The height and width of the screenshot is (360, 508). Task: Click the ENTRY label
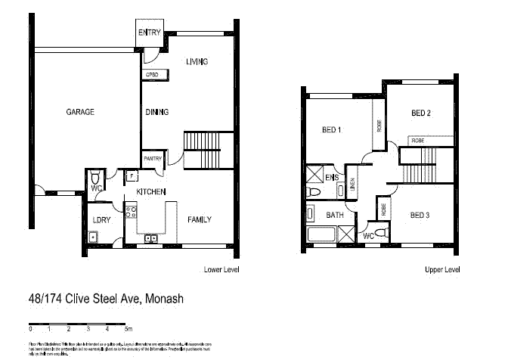(x=148, y=32)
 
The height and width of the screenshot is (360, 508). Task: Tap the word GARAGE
(x=80, y=112)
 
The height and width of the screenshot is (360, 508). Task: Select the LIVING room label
(x=197, y=62)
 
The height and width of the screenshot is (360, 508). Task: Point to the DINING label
(x=156, y=112)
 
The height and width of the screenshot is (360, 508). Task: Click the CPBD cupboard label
(x=151, y=75)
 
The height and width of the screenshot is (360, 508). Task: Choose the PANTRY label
(x=153, y=159)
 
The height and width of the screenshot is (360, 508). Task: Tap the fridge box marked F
(x=132, y=177)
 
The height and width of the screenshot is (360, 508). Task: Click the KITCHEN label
(x=150, y=193)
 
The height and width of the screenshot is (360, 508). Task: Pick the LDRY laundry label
(x=102, y=219)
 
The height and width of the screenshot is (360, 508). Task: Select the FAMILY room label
(x=200, y=219)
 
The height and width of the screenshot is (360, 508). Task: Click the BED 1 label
(x=332, y=130)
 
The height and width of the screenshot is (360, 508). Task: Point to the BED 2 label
(x=421, y=113)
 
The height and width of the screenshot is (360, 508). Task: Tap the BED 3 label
(x=420, y=215)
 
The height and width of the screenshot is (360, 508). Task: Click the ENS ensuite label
(x=331, y=178)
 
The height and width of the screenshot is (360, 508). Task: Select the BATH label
(x=335, y=215)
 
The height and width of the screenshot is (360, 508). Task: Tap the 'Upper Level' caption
(x=442, y=269)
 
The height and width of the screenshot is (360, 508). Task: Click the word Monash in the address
(x=164, y=299)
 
